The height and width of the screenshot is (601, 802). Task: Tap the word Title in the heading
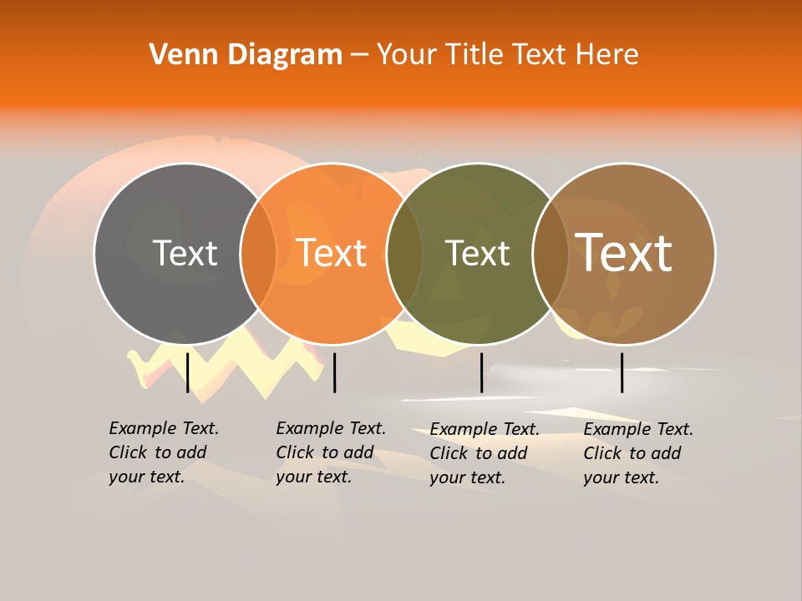coord(475,55)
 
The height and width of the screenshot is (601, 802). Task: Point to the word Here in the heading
coord(607,55)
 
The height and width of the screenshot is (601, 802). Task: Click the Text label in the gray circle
coord(185,253)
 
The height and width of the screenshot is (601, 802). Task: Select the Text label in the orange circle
coord(332,253)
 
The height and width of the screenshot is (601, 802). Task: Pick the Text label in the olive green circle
coord(477,253)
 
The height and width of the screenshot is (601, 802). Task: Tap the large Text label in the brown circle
coord(624,252)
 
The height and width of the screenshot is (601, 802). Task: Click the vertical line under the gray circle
coord(188,372)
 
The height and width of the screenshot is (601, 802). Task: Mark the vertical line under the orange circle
coord(334,372)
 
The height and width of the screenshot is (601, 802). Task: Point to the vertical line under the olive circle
coord(482,372)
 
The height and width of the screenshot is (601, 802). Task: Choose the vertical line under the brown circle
coord(622,372)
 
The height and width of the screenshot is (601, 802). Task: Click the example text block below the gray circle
coord(164,452)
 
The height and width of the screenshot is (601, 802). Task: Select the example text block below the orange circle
coord(331,452)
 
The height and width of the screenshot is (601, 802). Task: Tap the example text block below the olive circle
coord(485,453)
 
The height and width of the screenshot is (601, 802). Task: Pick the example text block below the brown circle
coord(638,453)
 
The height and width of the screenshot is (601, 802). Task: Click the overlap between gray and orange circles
coord(258,253)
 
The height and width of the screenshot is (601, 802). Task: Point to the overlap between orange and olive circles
coord(404,253)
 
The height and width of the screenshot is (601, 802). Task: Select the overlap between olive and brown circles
coord(551,253)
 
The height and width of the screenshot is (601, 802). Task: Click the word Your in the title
coord(406,55)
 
